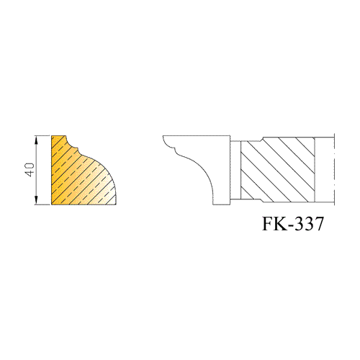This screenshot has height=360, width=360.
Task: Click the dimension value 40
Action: [x=30, y=170]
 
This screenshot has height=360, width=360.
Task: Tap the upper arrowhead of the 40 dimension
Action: [x=37, y=140]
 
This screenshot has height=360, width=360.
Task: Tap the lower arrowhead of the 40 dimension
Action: [x=37, y=200]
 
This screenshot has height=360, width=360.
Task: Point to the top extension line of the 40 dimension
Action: [x=42, y=136]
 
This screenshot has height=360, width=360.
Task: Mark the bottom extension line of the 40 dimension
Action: [x=42, y=204]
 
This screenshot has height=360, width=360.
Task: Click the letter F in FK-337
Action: [x=268, y=224]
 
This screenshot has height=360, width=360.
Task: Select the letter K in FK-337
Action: [x=281, y=224]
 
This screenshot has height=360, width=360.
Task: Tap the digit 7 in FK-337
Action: [x=319, y=224]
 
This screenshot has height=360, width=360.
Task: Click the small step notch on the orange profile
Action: [x=77, y=149]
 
